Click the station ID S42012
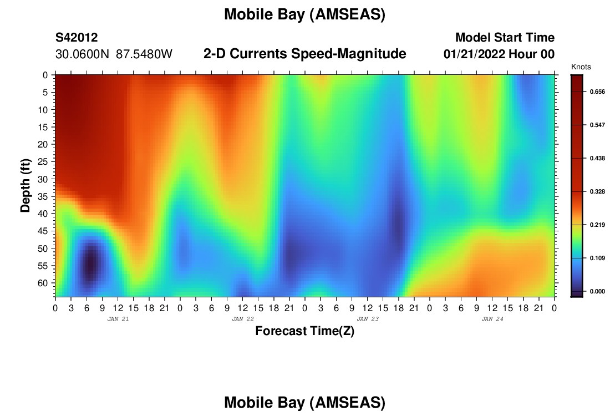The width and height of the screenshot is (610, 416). tap(77, 38)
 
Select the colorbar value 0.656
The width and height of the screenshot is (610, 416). tap(598, 92)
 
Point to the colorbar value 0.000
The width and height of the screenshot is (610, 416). tap(598, 291)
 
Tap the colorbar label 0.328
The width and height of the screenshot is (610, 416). tap(598, 191)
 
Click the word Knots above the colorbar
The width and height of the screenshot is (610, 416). tap(581, 67)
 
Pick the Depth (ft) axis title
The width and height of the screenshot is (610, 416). tap(26, 186)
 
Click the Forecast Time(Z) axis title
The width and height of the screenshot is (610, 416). tap(304, 331)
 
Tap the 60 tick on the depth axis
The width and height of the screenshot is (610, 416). tap(43, 283)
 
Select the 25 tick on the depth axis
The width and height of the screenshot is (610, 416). tap(43, 161)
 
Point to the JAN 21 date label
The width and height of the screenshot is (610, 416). tap(118, 319)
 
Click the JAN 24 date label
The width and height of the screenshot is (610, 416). tap(492, 319)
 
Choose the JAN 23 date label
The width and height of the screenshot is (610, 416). tap(368, 319)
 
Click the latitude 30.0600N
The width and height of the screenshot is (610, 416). tap(83, 54)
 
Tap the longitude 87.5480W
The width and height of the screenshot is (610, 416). tap(144, 54)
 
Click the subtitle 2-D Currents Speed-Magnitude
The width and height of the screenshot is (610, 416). tap(304, 54)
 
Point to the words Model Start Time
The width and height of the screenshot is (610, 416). tap(505, 38)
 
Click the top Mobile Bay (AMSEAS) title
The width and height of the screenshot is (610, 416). tap(304, 14)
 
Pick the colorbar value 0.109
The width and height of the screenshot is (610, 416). tap(598, 258)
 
